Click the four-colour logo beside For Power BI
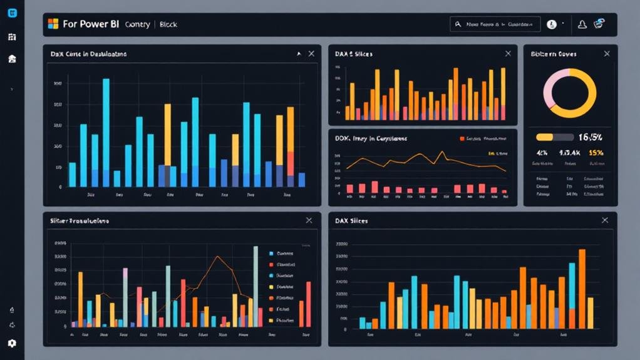coord(53,24)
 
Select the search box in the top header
coord(494,24)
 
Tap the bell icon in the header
coord(582,24)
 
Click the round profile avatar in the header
coord(552,24)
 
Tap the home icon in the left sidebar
coord(12,59)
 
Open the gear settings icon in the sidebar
coord(12,343)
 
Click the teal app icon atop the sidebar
coord(12,13)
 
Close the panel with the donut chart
coord(607,54)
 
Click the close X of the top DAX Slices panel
coord(508,54)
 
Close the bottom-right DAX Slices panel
coord(604,220)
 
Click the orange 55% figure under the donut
coord(596,152)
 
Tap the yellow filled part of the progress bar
coord(544,137)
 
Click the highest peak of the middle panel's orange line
coord(441,152)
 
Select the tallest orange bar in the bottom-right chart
coord(582,288)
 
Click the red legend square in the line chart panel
coord(462,138)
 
